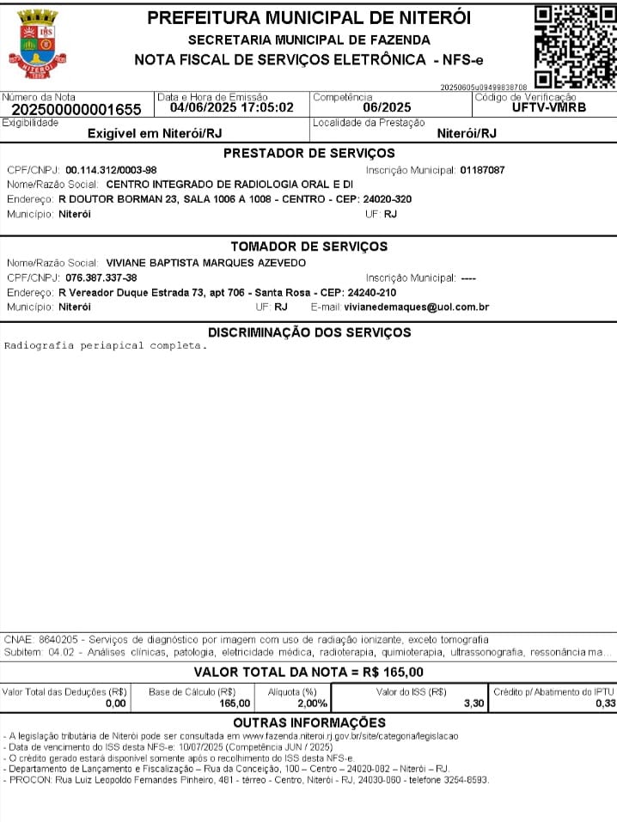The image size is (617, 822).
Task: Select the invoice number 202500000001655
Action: click(76, 110)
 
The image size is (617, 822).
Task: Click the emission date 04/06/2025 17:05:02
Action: click(232, 107)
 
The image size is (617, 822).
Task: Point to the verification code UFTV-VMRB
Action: click(549, 107)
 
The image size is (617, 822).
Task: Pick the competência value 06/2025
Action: click(387, 107)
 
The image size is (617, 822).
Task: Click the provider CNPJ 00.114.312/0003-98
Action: click(111, 170)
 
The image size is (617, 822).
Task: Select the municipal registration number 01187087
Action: click(482, 170)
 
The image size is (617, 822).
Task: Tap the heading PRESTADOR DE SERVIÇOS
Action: click(309, 154)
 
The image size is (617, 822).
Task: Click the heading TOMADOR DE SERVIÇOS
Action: click(309, 247)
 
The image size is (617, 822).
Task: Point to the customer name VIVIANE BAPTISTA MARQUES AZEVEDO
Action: click(205, 263)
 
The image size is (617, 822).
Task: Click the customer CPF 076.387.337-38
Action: click(101, 277)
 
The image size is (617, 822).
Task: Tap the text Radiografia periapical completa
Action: click(106, 346)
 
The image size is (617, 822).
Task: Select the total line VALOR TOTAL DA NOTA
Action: click(308, 672)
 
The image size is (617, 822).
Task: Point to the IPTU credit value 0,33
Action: click(605, 703)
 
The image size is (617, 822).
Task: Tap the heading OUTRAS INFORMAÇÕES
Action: click(309, 723)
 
